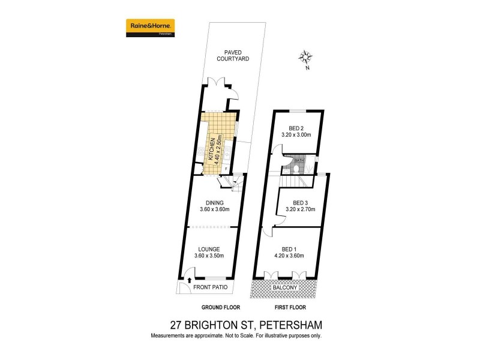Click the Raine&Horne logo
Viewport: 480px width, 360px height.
[150, 27]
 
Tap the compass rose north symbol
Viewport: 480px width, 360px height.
[307, 59]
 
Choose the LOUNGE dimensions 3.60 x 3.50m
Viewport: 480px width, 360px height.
[209, 256]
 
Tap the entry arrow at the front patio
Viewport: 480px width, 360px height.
[190, 279]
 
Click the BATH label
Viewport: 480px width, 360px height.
[299, 161]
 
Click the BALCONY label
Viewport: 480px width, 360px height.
[286, 288]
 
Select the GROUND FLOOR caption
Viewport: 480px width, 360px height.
[201, 307]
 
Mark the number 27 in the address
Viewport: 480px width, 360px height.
[177, 325]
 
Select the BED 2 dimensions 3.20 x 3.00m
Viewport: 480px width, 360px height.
[296, 136]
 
